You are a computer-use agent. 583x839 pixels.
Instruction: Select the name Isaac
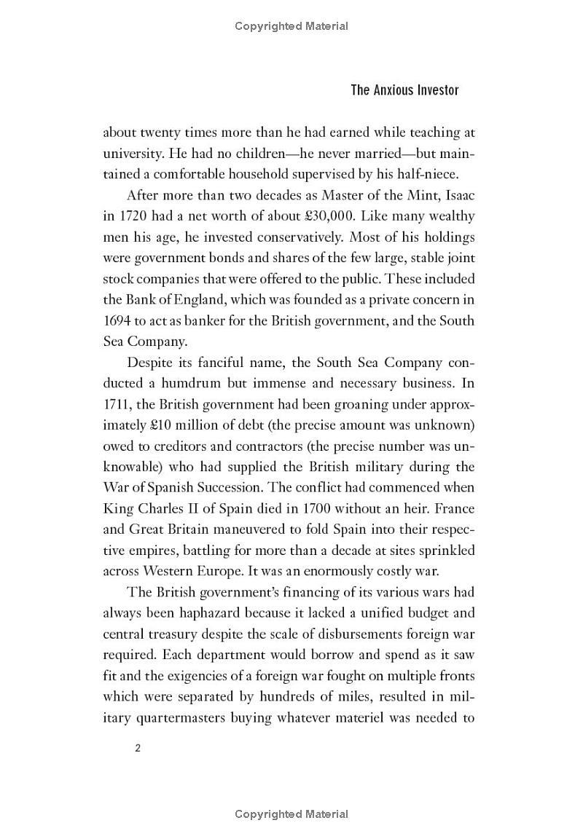[x=458, y=195]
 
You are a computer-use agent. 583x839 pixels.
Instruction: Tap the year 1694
[x=117, y=321]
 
